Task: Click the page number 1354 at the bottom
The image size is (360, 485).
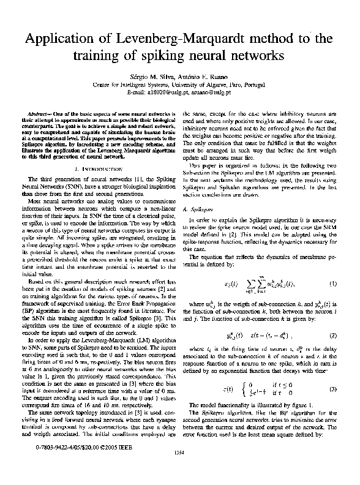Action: click(x=179, y=469)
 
